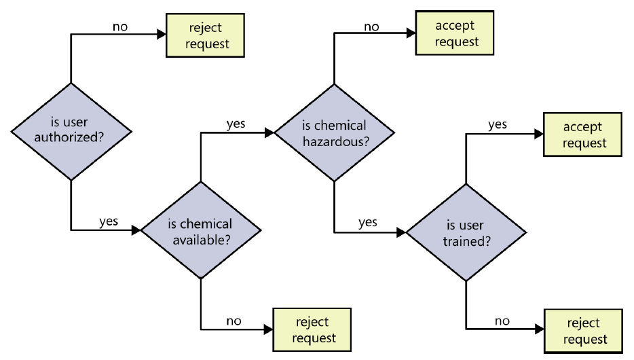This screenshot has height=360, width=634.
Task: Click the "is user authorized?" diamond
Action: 71,131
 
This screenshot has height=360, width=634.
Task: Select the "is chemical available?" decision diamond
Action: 200,230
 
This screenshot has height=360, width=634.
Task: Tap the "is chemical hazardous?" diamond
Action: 333,133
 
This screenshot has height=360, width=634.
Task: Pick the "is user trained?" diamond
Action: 466,232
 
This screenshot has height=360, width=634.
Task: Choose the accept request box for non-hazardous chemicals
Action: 456,34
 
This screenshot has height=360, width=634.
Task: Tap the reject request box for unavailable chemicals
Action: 312,329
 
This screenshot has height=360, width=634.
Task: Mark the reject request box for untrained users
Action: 584,331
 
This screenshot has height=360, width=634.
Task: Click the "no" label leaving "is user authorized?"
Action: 119,26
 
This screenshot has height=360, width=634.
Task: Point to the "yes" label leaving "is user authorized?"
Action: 109,221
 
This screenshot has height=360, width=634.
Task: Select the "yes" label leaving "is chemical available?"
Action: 236,124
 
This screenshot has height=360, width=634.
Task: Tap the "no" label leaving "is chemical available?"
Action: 234,320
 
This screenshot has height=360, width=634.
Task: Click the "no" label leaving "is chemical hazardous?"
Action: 371,26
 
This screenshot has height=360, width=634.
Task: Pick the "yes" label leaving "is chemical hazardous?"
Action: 367,222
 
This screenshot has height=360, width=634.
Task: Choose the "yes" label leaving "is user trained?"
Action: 498,124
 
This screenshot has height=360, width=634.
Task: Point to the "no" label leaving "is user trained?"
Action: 502,321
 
